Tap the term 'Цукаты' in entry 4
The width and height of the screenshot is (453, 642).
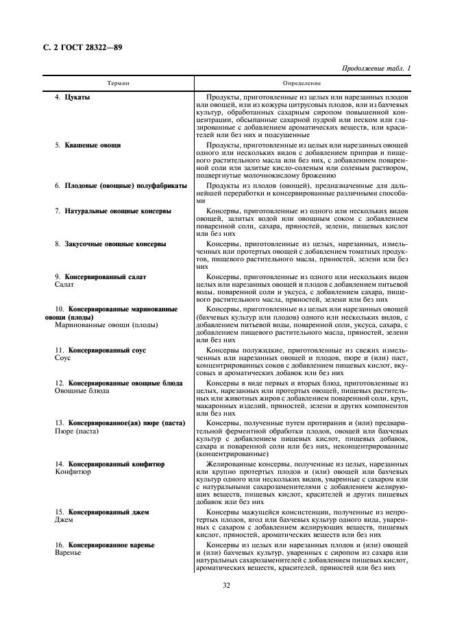click(x=77, y=97)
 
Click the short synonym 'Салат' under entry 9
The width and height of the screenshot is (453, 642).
click(x=64, y=284)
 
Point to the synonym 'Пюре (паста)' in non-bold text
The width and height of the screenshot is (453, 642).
click(x=76, y=431)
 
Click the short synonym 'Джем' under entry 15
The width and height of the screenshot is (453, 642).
click(x=64, y=520)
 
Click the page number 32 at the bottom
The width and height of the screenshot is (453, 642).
click(x=226, y=585)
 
